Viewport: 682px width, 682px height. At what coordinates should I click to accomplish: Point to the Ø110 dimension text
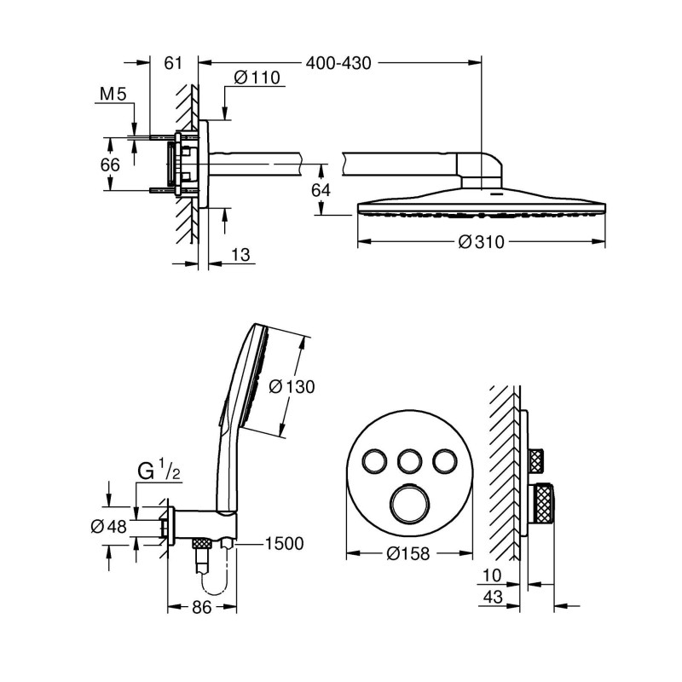[x=256, y=78]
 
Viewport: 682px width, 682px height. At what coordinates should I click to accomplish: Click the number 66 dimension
[x=110, y=165]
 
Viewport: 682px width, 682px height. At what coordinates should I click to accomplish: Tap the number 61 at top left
[x=174, y=62]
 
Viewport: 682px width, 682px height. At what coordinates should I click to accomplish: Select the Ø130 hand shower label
[x=292, y=386]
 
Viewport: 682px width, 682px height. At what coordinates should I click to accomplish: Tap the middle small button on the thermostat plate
[x=407, y=461]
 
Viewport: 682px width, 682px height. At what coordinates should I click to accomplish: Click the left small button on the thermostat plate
[x=372, y=461]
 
